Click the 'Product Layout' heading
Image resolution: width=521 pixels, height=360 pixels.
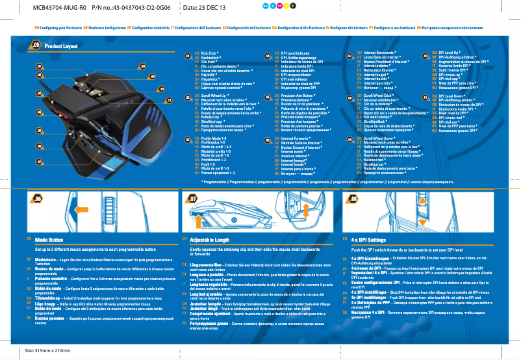(61, 46)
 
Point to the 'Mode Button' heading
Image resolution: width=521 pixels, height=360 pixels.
(49, 240)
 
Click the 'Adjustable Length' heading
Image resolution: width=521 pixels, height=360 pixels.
(211, 240)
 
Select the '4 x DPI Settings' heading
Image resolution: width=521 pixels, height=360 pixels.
(368, 240)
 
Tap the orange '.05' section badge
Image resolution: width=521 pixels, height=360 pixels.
(36, 45)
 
